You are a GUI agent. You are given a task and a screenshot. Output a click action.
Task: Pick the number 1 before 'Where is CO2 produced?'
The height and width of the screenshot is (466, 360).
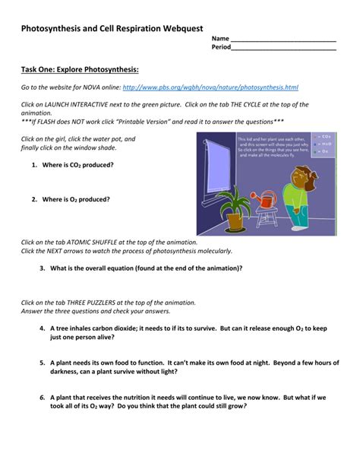(34, 164)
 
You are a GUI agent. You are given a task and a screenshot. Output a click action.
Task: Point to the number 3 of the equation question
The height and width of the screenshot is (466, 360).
(42, 268)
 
